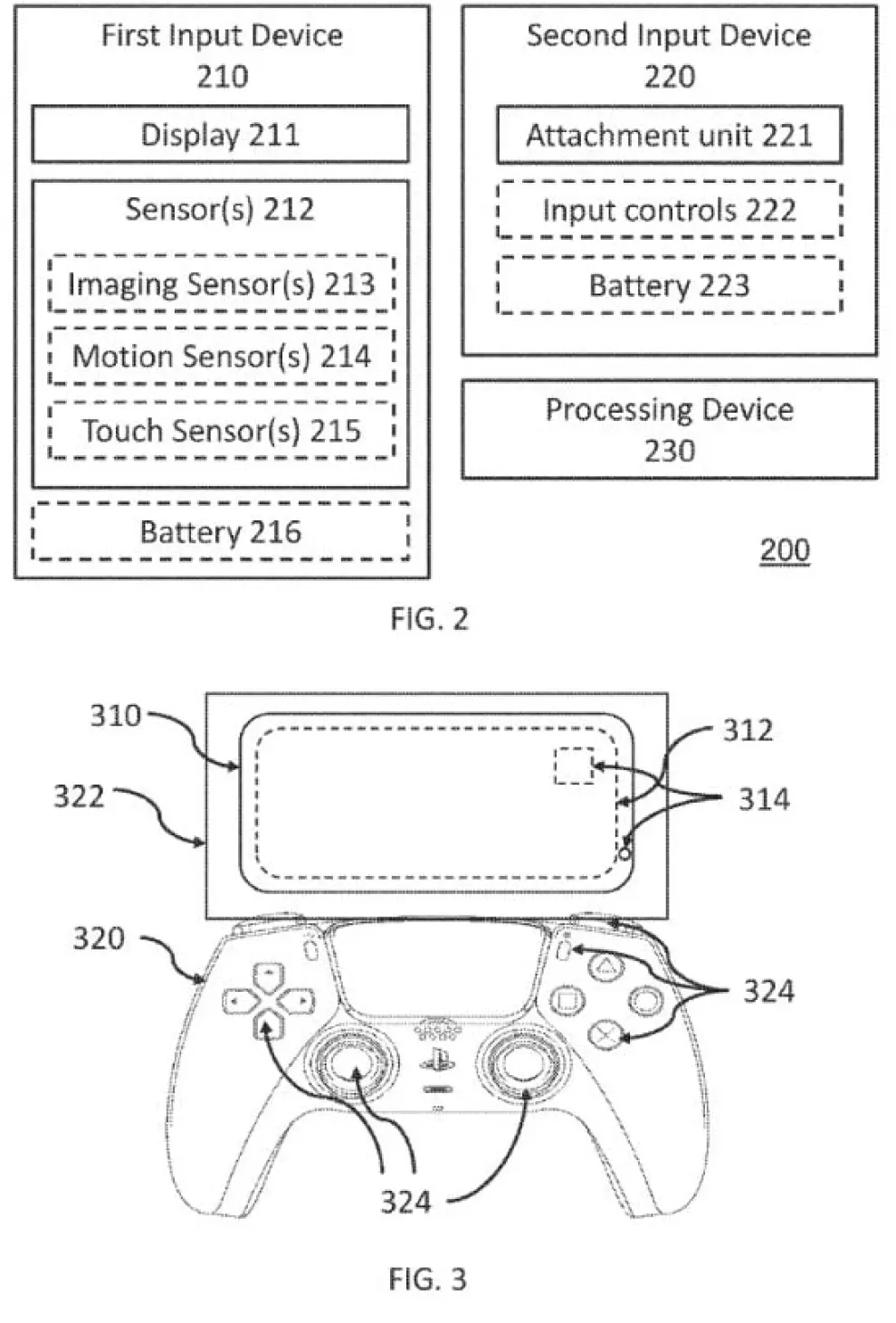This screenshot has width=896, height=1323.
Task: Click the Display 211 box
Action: pos(220,135)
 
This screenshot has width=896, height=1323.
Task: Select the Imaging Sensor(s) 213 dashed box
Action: pos(221,284)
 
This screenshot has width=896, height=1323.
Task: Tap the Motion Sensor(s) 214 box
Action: pos(221,357)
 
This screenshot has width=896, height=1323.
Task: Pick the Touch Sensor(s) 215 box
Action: pos(221,431)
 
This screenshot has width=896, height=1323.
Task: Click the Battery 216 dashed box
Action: pos(220,532)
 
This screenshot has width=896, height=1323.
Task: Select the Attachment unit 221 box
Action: pos(669,136)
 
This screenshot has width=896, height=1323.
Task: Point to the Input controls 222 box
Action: pos(669,211)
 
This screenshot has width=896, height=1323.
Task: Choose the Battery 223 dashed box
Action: pos(669,286)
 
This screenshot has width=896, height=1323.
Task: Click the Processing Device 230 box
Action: pos(669,430)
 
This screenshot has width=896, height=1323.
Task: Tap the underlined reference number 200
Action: pos(784,550)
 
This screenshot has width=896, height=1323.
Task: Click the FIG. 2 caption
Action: pos(429,619)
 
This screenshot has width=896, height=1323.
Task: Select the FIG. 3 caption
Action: pos(427,1279)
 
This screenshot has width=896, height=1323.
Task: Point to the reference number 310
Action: pos(115,716)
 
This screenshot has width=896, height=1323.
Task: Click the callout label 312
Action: pos(748,730)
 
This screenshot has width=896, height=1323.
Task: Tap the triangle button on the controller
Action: pos(606,967)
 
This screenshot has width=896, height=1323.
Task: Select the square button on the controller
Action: pos(567,1001)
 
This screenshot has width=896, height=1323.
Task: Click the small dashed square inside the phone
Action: pos(574,766)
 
